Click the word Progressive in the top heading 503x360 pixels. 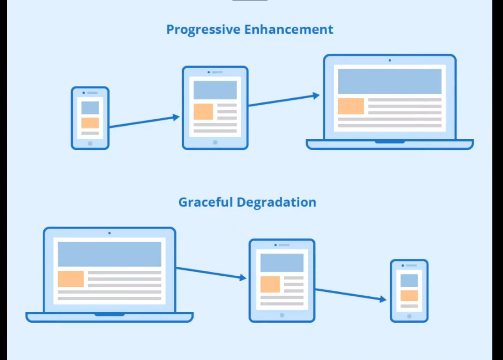click(203, 30)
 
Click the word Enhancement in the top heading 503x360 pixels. click(289, 30)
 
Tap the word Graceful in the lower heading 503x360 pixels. click(206, 203)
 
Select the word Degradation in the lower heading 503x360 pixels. click(277, 203)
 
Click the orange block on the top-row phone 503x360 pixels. click(90, 123)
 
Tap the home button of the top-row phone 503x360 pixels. click(90, 143)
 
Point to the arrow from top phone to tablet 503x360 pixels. click(144, 122)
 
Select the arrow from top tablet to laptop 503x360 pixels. click(284, 100)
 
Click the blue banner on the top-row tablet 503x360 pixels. click(215, 90)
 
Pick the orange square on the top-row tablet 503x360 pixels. click(203, 112)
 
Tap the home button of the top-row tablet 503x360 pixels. click(215, 142)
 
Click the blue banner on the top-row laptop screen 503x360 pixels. click(390, 81)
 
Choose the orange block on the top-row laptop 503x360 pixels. click(351, 106)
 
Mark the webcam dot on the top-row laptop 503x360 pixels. click(390, 61)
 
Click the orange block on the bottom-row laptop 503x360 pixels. click(71, 279)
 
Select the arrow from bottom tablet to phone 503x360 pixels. click(351, 295)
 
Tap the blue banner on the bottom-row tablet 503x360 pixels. click(282, 263)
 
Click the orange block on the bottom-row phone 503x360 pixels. click(409, 296)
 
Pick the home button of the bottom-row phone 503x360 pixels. click(409, 316)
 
